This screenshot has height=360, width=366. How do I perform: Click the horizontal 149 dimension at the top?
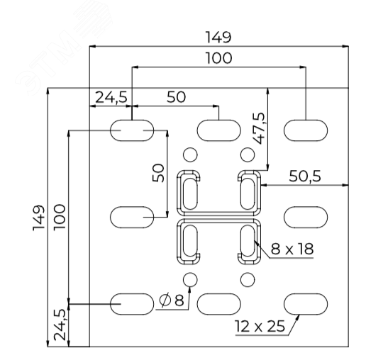218,38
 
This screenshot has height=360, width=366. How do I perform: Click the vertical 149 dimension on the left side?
39,218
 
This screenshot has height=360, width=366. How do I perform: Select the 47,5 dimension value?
259,128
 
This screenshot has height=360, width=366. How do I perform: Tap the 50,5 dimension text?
305,176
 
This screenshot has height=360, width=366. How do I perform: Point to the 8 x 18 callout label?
292,249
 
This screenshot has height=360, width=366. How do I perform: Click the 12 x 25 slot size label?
260,326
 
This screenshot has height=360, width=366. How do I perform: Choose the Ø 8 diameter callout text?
172,300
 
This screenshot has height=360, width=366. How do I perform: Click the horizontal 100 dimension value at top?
218,58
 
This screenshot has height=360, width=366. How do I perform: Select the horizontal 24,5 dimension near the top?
111,97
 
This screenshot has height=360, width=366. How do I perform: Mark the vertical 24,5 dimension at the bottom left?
59,325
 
